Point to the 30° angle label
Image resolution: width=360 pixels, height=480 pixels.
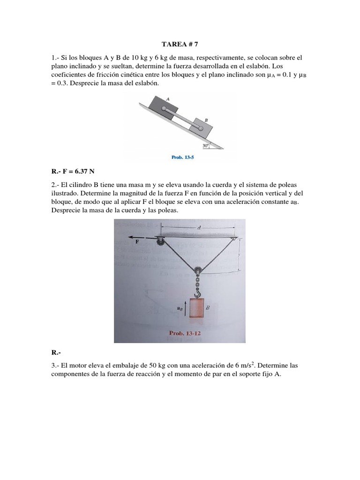coord(205,146)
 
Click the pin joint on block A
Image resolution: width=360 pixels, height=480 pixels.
coord(163,109)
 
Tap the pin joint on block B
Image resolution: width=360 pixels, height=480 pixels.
coord(200,128)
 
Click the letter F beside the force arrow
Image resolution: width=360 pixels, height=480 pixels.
coord(137,242)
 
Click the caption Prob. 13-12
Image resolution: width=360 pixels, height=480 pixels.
coord(187,333)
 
